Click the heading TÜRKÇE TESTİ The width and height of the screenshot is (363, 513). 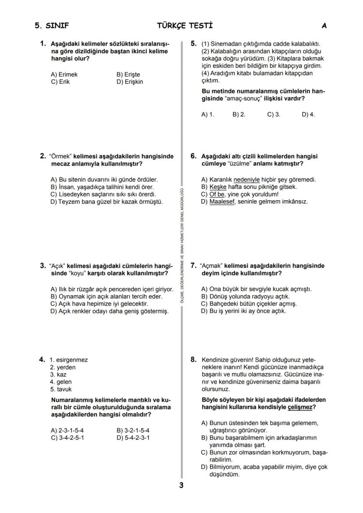[x=185, y=25]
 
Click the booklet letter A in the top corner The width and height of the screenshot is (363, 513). [x=324, y=26]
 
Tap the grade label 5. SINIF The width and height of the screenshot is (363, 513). [x=52, y=26]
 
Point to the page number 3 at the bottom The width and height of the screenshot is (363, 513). [x=181, y=485]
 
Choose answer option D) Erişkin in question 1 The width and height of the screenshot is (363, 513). [x=129, y=82]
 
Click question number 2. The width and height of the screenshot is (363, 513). [x=43, y=156]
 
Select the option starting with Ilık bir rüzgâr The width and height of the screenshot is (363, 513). [x=112, y=289]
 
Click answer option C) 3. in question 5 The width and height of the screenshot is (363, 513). [x=274, y=114]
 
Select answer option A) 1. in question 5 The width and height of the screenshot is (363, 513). [x=207, y=114]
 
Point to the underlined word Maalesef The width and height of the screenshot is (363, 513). [x=222, y=202]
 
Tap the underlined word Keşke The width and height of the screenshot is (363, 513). [x=217, y=187]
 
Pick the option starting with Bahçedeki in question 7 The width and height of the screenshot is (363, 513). [x=249, y=304]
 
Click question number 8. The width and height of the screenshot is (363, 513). [x=193, y=360]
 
